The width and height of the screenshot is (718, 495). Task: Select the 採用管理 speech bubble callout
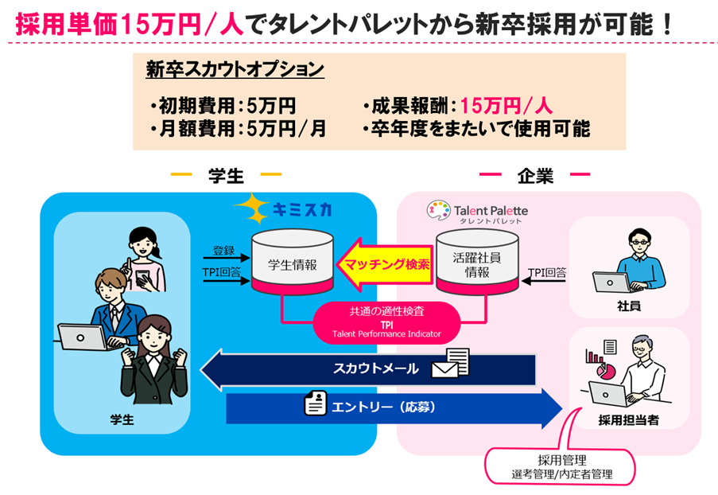click(x=561, y=465)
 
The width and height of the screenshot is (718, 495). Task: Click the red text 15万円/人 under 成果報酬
click(x=506, y=106)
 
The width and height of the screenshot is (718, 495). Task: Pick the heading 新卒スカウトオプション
click(x=235, y=70)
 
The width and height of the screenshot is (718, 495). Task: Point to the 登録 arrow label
click(x=223, y=251)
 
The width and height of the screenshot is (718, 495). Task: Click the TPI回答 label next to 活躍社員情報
click(x=547, y=272)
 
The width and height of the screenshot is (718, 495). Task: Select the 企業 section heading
click(x=534, y=174)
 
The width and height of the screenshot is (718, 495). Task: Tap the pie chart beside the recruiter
click(x=607, y=371)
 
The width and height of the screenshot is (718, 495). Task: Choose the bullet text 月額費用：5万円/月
click(x=237, y=128)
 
